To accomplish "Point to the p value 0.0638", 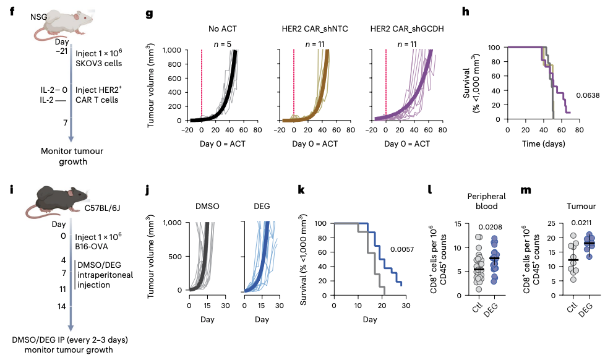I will click(x=588, y=95).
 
